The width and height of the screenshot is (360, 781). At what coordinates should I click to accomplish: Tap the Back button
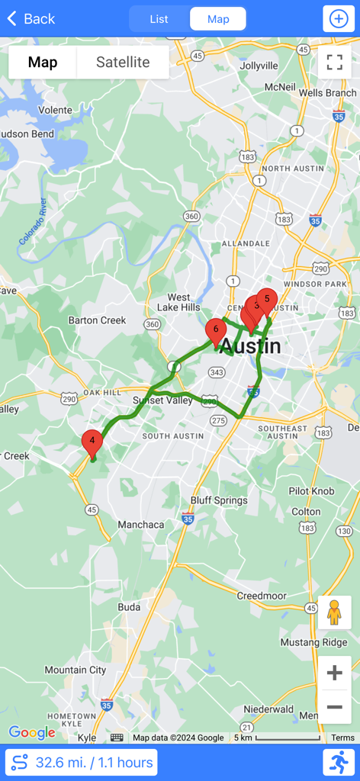(31, 19)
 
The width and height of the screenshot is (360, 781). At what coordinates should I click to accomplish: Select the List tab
(159, 19)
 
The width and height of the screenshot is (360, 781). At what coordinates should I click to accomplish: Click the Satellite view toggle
(123, 63)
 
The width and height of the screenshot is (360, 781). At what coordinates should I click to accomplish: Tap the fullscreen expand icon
(335, 63)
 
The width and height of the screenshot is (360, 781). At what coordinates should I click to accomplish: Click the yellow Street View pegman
(334, 612)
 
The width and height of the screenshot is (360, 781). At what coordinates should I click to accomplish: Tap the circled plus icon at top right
(337, 19)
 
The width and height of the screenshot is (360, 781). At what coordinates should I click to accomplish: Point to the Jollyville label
(259, 66)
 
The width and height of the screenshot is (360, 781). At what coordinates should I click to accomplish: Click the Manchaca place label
(141, 525)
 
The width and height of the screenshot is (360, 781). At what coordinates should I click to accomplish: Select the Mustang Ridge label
(314, 642)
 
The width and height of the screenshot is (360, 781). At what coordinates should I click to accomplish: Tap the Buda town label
(129, 607)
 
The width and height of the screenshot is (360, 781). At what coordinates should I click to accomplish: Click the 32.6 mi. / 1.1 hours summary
(81, 762)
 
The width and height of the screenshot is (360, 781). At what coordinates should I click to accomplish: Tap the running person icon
(340, 762)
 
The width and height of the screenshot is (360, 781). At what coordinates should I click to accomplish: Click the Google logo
(32, 733)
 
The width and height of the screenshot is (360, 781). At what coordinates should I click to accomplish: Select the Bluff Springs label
(219, 501)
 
